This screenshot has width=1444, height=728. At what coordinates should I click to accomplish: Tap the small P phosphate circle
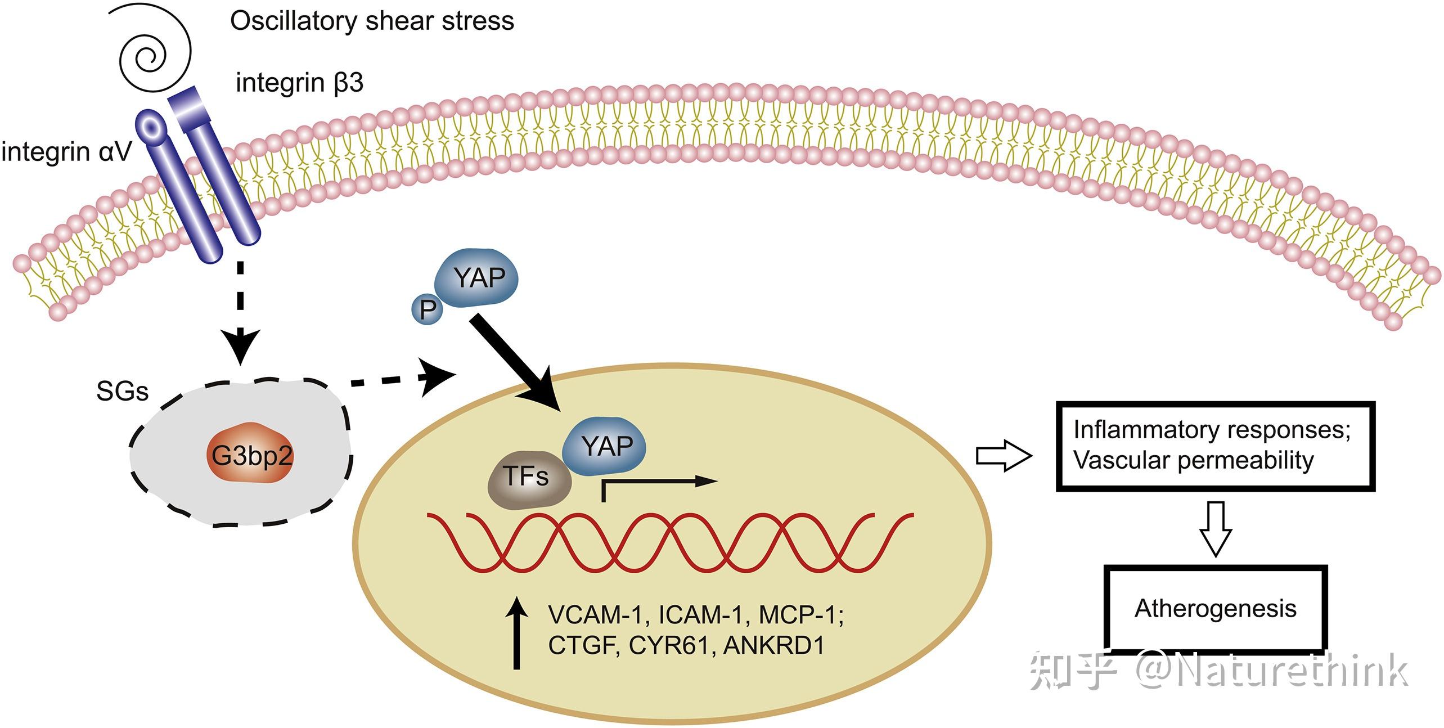[x=428, y=310]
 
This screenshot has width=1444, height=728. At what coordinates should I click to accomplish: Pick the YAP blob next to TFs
[x=604, y=446]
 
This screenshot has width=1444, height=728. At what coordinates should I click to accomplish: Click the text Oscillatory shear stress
[x=372, y=21]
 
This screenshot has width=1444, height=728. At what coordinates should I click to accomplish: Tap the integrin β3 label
[x=300, y=83]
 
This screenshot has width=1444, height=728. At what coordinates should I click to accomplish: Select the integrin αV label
[x=67, y=152]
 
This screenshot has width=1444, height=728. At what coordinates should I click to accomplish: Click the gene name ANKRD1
[x=774, y=645]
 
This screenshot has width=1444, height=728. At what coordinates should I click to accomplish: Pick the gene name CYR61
[x=668, y=645]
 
